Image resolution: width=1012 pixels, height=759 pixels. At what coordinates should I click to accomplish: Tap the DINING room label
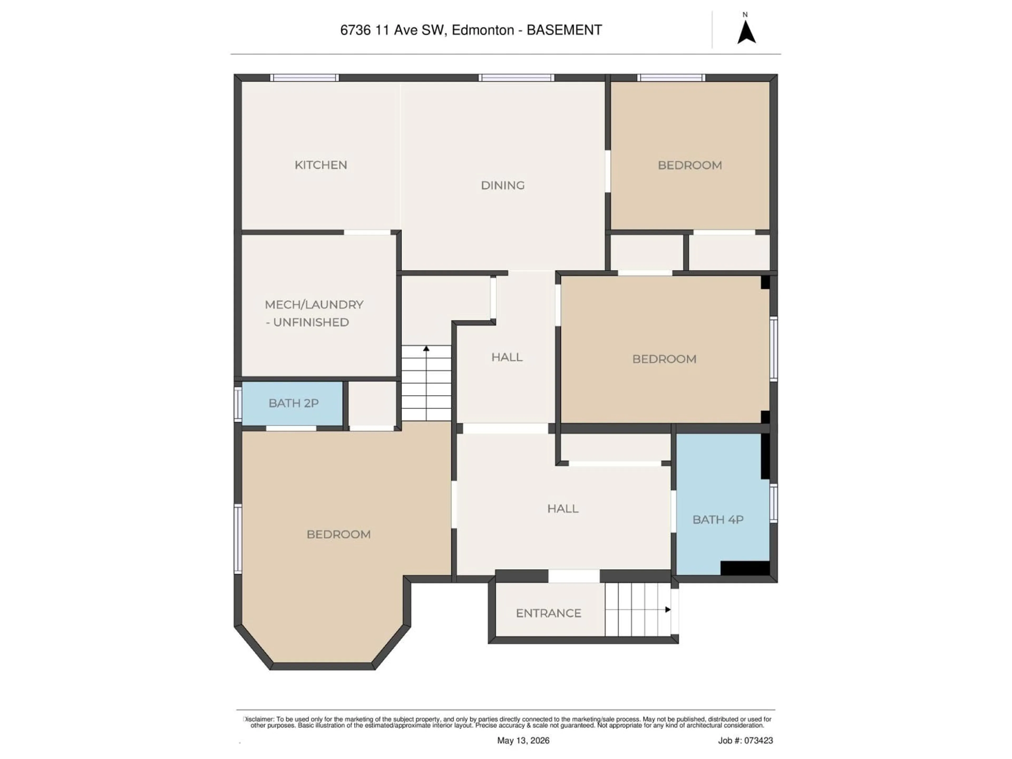pos(502,185)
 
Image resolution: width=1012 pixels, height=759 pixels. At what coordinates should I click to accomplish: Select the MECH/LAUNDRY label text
pos(314,305)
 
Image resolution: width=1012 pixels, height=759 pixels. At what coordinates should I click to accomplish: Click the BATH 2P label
pos(293,403)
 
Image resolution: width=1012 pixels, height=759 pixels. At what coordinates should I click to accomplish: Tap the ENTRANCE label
pos(548,613)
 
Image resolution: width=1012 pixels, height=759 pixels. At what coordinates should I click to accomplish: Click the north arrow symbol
pos(746,32)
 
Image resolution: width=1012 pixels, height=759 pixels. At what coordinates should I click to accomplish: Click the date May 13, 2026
pos(523,740)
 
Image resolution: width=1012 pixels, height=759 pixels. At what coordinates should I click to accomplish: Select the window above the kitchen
pos(304,78)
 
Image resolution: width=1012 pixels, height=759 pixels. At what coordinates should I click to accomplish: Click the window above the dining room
pos(517,78)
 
